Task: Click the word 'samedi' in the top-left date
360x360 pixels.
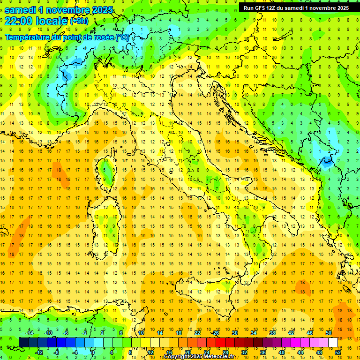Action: tap(20, 10)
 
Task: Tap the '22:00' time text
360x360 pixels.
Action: tap(19, 21)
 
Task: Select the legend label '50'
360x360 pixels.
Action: tap(328, 333)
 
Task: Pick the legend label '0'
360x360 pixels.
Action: tap(93, 352)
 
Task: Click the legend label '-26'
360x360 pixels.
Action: tap(215, 333)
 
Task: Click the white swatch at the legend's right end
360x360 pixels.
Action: tap(333, 342)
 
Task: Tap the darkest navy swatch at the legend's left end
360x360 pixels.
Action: tap(23, 342)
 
